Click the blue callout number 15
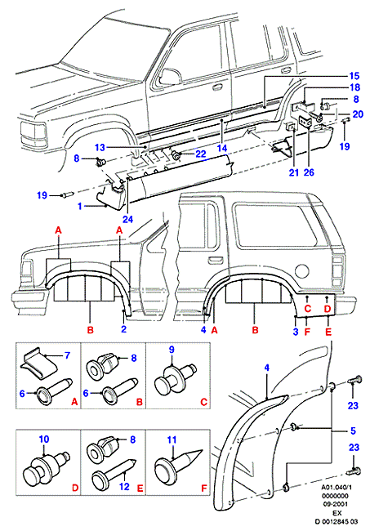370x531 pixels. (354, 76)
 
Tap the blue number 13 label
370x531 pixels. (100, 147)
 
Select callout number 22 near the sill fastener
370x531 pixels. (201, 154)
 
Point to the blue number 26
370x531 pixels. (309, 172)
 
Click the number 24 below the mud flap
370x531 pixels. (127, 219)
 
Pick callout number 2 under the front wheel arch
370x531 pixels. (123, 329)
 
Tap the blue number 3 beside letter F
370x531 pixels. (296, 331)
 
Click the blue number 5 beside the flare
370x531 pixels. (353, 431)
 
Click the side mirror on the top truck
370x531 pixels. (170, 76)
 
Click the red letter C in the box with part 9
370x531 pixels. (204, 402)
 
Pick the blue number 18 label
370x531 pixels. (354, 87)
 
